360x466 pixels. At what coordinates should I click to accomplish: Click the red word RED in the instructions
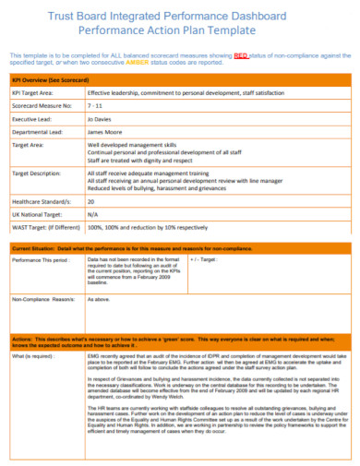coord(243,56)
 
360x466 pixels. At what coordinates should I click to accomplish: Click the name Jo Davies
coord(101,119)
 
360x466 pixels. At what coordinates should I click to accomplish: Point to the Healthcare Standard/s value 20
coord(90,201)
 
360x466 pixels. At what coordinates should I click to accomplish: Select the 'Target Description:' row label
coord(38,173)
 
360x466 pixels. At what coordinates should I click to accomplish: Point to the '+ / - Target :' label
coord(210,261)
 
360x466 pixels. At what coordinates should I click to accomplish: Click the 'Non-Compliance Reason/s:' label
coord(42,300)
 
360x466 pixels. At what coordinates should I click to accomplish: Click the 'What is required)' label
coord(32,353)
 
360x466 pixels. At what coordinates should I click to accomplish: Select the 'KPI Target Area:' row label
coord(35,93)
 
